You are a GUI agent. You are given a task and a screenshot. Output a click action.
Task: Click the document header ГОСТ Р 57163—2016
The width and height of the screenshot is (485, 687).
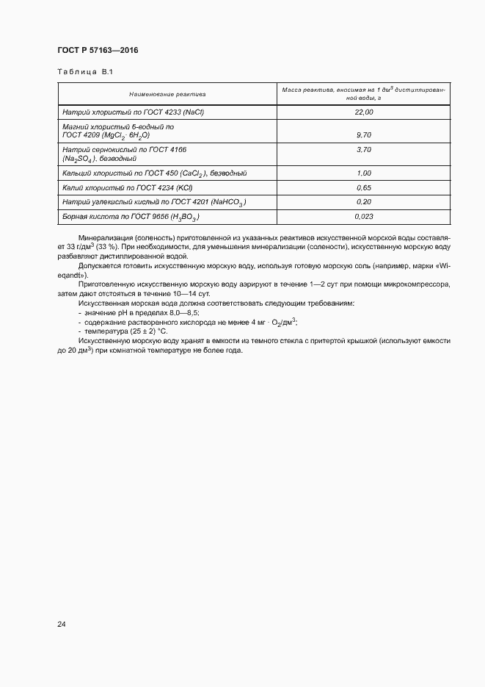(x=98, y=50)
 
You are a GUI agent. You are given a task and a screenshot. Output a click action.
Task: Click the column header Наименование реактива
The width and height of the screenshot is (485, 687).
(x=167, y=94)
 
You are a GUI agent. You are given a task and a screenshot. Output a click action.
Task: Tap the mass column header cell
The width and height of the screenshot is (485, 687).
(x=363, y=93)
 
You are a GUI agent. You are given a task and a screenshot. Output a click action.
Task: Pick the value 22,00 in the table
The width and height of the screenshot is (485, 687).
(x=363, y=112)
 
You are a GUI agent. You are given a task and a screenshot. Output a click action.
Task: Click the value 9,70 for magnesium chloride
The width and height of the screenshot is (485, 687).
(x=363, y=135)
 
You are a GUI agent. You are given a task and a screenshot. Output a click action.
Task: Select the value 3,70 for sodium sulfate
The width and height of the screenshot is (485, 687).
(x=363, y=149)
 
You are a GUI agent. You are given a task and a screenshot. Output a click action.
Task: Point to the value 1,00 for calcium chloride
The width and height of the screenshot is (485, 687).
(x=363, y=173)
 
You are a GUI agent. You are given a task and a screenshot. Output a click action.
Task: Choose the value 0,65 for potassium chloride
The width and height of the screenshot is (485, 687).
(x=363, y=188)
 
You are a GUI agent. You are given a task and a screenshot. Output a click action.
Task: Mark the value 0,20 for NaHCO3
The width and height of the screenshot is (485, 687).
(x=363, y=202)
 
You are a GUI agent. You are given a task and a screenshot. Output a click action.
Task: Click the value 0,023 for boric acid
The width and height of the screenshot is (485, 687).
(x=363, y=217)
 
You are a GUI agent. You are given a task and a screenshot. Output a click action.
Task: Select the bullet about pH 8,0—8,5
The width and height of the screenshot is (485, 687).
(x=128, y=312)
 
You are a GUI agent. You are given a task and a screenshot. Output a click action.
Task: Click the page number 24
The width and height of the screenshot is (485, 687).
(x=62, y=624)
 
